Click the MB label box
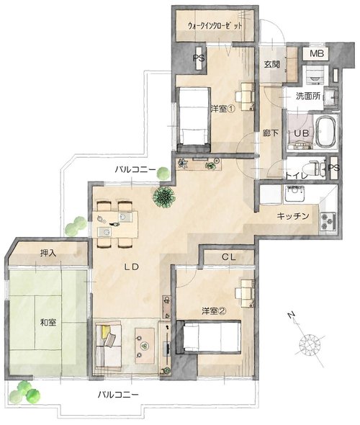316,54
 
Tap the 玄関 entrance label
271,65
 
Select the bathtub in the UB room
326,132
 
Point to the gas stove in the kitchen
328,222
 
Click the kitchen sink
294,194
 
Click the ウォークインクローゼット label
215,26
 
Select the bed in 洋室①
194,119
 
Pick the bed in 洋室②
209,337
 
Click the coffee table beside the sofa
145,345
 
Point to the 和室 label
48,322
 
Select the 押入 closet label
48,253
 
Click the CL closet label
229,257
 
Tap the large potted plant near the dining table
163,197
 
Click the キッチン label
293,216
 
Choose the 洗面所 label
308,96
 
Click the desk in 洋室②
246,293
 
